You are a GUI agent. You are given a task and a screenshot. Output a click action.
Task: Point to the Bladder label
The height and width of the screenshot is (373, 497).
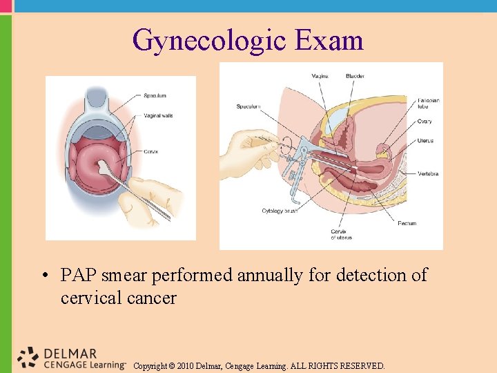355,76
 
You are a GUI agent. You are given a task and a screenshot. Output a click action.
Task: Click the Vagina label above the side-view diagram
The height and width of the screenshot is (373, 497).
320,76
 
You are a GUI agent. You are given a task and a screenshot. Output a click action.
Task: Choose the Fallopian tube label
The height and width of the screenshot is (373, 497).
429,104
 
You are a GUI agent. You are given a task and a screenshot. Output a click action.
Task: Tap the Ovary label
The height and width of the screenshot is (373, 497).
425,122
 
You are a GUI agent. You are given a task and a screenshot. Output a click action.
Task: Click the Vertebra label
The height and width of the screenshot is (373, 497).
428,173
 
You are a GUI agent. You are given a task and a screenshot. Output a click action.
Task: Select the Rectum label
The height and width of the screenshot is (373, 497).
407,223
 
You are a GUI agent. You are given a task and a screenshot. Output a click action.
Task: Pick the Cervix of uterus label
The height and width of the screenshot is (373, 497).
341,234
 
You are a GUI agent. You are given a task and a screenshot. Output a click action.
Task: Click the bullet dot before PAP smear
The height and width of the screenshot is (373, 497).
43,276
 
